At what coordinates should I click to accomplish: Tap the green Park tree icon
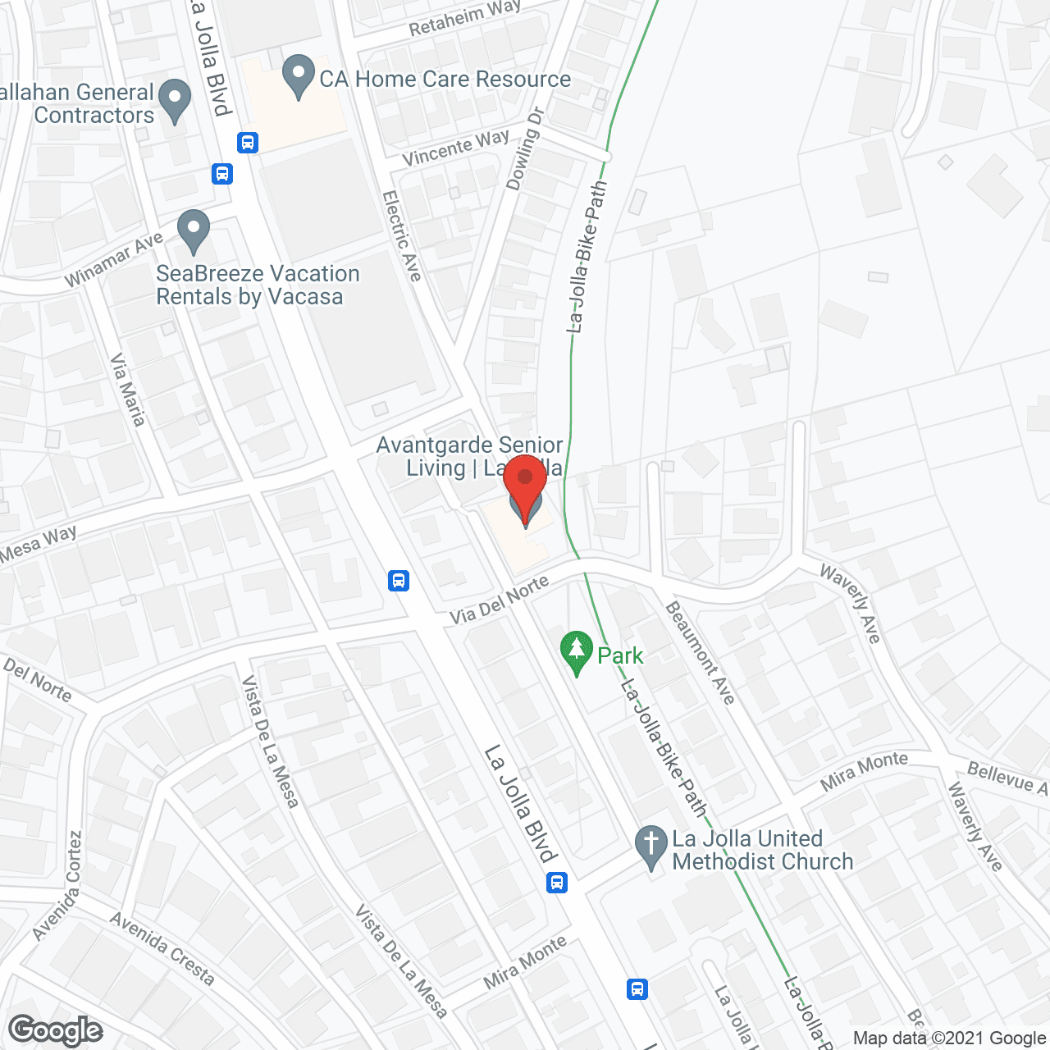(577, 652)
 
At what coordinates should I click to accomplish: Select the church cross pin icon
(651, 847)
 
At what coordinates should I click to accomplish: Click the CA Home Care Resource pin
(299, 76)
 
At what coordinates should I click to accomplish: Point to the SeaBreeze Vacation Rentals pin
(194, 231)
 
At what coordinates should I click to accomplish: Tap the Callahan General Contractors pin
(174, 100)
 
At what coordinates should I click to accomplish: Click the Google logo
(55, 1030)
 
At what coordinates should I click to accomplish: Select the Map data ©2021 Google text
(950, 1038)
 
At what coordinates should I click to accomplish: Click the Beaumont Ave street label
(700, 653)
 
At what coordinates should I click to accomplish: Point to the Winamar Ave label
(114, 259)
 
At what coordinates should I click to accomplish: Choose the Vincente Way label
(456, 147)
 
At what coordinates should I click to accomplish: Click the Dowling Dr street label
(525, 148)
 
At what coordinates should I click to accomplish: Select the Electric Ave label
(402, 236)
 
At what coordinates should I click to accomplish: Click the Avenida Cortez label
(58, 886)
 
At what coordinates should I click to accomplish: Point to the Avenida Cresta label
(162, 949)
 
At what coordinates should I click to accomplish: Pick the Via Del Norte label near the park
(499, 600)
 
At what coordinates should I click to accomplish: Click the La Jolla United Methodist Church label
(762, 850)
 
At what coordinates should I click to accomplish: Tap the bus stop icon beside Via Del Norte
(399, 581)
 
